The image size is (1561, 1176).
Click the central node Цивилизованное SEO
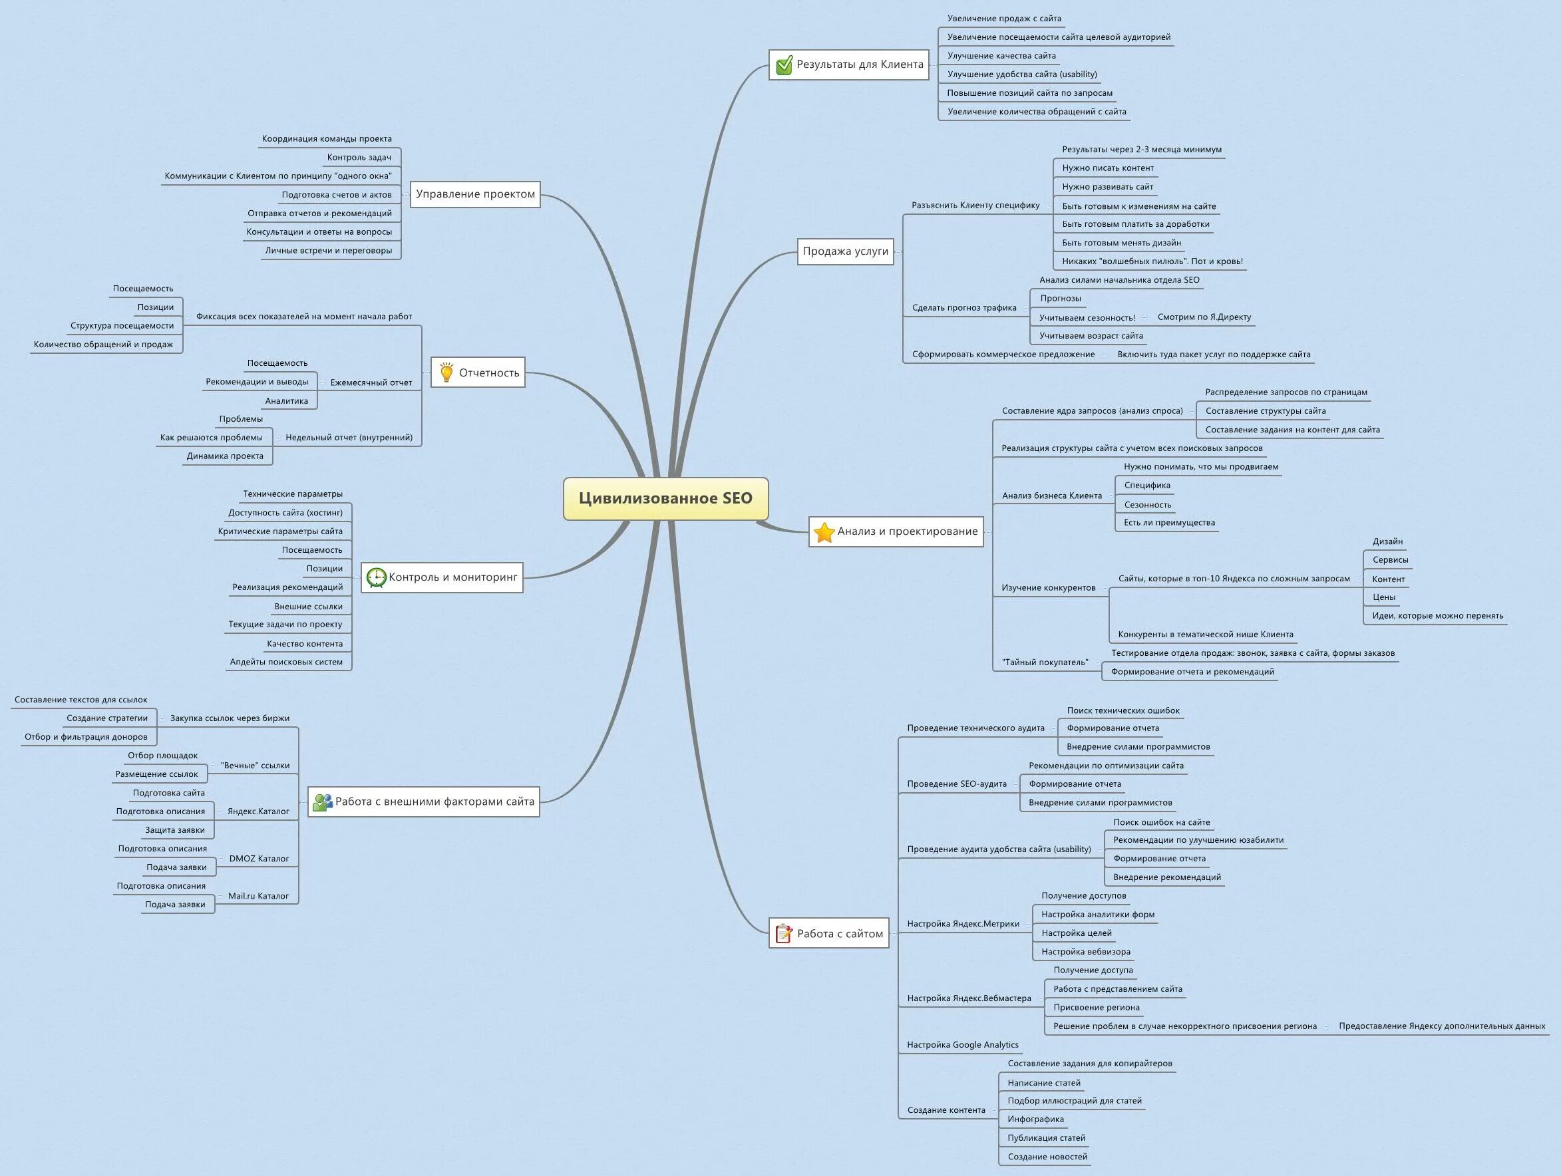(665, 498)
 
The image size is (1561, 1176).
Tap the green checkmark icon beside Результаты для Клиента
(784, 66)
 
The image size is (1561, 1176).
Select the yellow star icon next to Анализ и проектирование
(824, 532)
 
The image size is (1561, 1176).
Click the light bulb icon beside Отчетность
(446, 372)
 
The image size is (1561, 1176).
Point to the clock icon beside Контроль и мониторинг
(376, 578)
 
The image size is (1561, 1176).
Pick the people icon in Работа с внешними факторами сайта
(323, 802)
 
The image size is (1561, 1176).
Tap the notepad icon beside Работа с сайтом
(783, 933)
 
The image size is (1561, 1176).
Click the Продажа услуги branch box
(846, 251)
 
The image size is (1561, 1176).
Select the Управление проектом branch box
(475, 194)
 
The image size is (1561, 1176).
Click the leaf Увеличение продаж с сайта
(1004, 19)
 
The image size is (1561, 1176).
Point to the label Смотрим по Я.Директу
(1204, 317)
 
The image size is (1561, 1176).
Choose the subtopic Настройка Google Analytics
(963, 1045)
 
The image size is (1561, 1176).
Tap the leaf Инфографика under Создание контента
(1035, 1119)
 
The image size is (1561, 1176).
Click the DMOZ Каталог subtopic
(258, 859)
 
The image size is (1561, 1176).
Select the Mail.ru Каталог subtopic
(258, 896)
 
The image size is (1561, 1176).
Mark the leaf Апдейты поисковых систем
(286, 662)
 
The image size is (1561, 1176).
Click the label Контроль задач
(359, 158)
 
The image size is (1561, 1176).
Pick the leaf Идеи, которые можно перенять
(1437, 615)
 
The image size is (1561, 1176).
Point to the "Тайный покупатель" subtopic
(1045, 662)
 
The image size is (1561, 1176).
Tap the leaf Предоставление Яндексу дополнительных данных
(1442, 1026)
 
